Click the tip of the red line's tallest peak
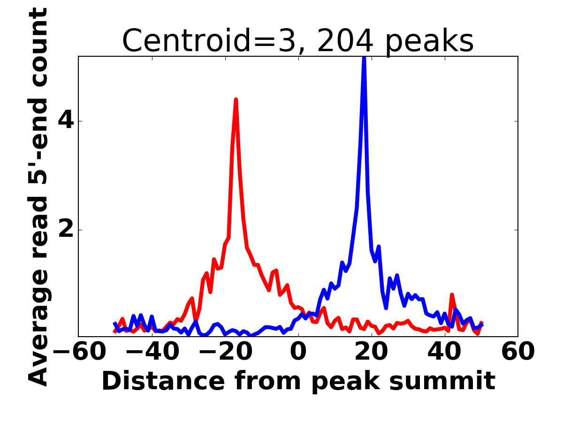(x=236, y=99)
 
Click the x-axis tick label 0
(x=298, y=352)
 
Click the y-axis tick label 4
(x=65, y=121)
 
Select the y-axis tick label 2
(x=65, y=230)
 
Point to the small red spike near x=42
(x=452, y=295)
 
